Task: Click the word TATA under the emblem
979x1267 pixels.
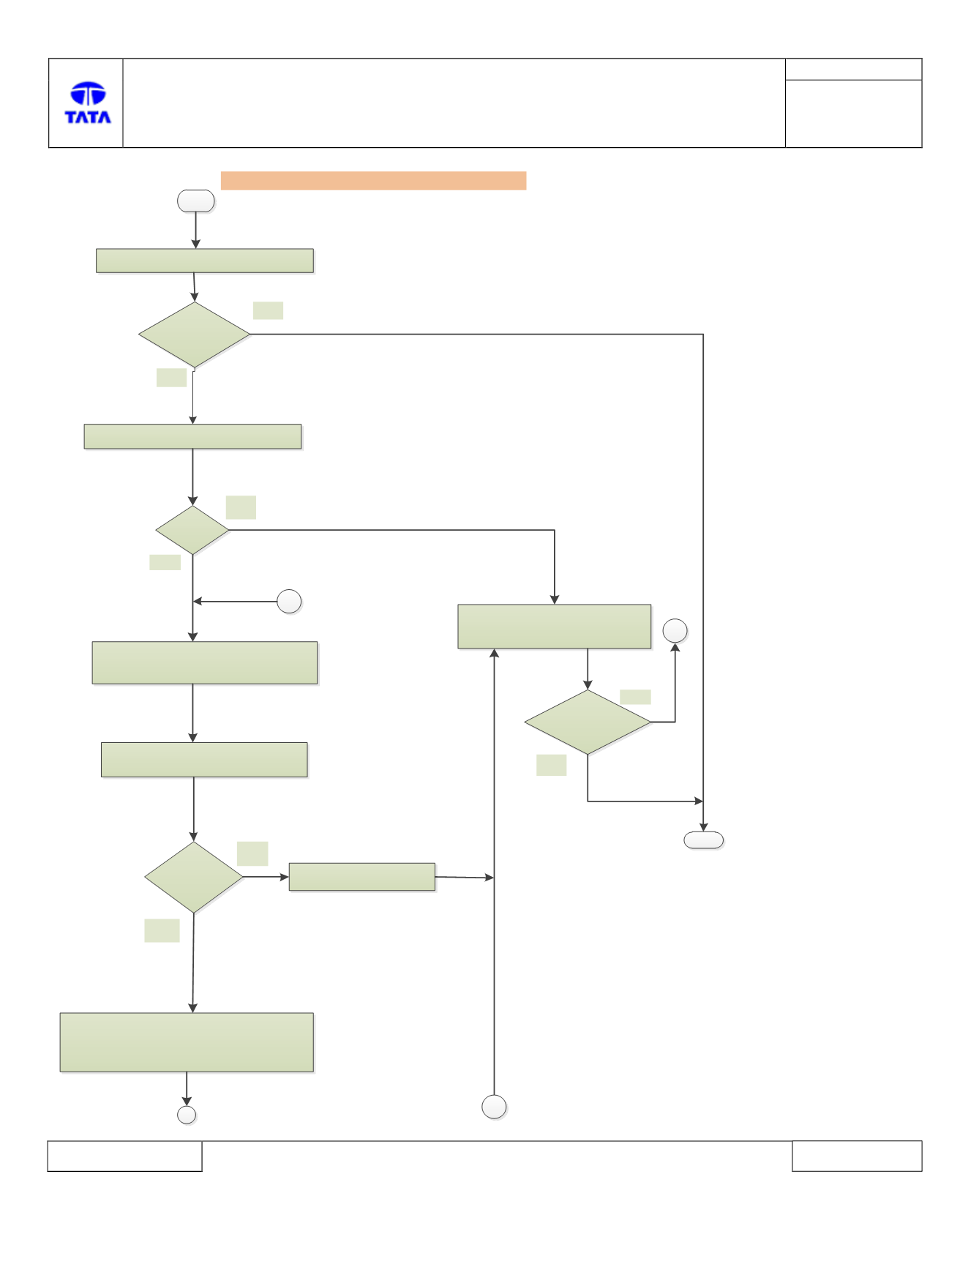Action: click(x=88, y=117)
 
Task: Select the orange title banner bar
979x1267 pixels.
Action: click(x=373, y=181)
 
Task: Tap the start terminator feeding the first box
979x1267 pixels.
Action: click(x=196, y=201)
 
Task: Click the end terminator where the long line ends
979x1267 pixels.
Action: click(x=704, y=840)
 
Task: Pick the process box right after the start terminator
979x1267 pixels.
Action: click(x=205, y=261)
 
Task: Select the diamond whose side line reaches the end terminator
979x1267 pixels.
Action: click(x=195, y=334)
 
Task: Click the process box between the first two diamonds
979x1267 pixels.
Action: click(x=193, y=436)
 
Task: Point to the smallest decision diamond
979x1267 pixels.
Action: click(x=192, y=530)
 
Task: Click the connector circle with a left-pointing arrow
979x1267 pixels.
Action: click(x=289, y=602)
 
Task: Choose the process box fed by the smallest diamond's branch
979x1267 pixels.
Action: click(x=555, y=627)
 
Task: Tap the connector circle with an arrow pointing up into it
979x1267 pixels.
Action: click(x=675, y=631)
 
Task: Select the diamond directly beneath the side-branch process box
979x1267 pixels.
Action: click(x=588, y=722)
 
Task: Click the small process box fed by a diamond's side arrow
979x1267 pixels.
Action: click(x=362, y=877)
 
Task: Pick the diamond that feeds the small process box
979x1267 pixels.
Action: click(x=194, y=877)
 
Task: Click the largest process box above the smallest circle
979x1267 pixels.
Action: click(x=187, y=1042)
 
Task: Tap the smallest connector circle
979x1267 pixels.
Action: click(x=187, y=1115)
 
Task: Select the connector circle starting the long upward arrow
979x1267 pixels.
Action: click(x=495, y=1107)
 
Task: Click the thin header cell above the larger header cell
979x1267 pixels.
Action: click(x=853, y=70)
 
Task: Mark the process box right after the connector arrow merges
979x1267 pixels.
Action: click(x=205, y=663)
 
